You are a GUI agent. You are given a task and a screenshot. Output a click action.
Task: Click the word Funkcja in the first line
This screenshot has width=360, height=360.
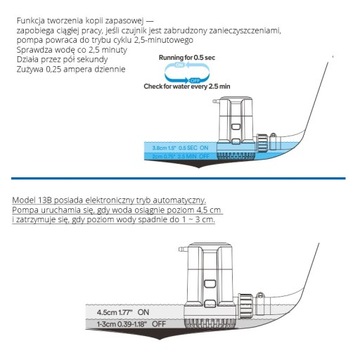pyautogui.click(x=19, y=8)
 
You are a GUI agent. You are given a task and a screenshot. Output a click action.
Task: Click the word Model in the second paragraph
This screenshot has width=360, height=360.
pyautogui.click(x=17, y=201)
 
